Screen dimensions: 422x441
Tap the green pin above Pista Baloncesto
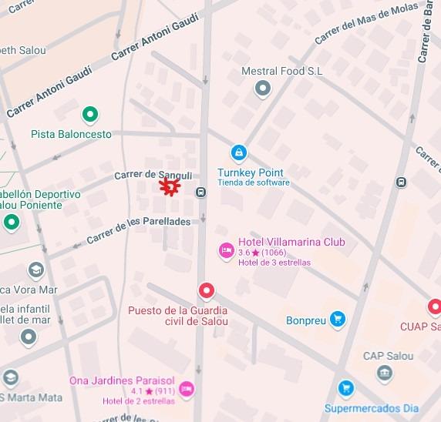click(x=91, y=116)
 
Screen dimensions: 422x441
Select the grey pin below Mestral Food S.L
click(x=264, y=89)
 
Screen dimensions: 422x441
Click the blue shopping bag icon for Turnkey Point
click(x=240, y=152)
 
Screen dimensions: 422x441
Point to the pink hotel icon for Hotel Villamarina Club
click(x=227, y=250)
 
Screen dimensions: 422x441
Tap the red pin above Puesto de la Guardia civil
click(x=206, y=291)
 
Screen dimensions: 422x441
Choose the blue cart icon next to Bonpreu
click(x=337, y=319)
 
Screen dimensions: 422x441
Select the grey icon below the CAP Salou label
click(x=385, y=373)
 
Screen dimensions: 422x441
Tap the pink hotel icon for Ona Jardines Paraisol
click(x=186, y=390)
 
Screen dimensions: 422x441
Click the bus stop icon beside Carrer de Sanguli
click(x=200, y=193)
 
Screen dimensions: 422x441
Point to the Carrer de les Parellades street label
click(x=138, y=230)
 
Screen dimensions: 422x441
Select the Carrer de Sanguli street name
click(x=153, y=176)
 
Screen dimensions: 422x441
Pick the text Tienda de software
click(x=253, y=183)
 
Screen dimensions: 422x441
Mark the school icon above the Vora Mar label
click(x=36, y=270)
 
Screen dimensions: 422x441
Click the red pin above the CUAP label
click(x=434, y=306)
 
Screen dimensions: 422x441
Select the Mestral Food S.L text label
click(x=281, y=72)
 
